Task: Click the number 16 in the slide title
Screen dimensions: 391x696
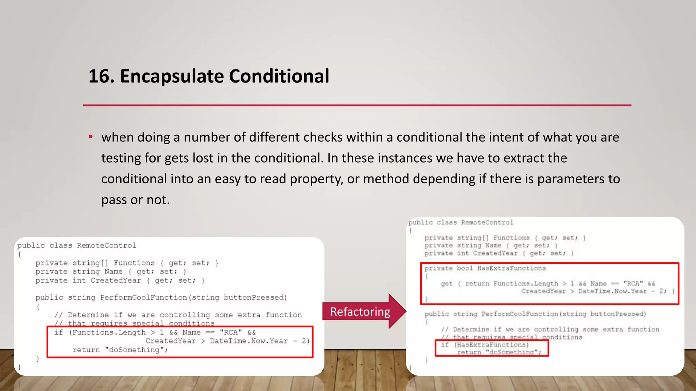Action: click(99, 76)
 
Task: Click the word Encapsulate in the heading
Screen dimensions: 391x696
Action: click(172, 76)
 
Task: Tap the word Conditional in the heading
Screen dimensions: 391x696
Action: click(279, 76)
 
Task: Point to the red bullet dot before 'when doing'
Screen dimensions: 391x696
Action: click(91, 137)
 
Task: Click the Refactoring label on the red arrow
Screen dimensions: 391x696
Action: click(360, 312)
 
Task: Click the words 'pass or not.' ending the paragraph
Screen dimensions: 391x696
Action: click(135, 200)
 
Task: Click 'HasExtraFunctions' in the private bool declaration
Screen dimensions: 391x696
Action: click(511, 268)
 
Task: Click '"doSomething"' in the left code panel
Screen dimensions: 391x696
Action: click(136, 350)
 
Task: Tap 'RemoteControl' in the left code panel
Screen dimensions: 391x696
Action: click(106, 245)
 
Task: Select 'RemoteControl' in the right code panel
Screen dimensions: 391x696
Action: click(487, 223)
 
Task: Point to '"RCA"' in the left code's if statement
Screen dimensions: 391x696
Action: click(230, 332)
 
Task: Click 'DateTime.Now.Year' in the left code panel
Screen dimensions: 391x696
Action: click(249, 341)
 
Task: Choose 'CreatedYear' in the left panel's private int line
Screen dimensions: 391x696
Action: click(116, 280)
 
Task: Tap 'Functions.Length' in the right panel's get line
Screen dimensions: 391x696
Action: click(525, 284)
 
